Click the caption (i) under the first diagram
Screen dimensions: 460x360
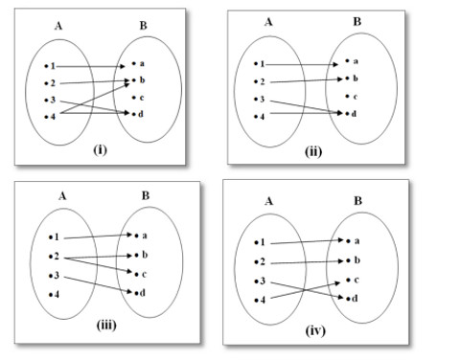coord(100,149)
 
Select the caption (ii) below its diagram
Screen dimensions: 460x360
coord(313,151)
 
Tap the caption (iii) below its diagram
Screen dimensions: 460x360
coord(106,326)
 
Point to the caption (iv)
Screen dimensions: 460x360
coord(315,330)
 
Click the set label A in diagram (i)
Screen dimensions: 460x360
coord(58,26)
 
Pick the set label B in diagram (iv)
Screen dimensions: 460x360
coord(357,201)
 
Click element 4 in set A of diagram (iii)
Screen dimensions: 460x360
coord(54,294)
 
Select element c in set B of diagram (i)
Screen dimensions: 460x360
coord(138,98)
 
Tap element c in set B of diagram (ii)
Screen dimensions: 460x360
coord(352,97)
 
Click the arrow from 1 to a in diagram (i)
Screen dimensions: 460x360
coord(90,66)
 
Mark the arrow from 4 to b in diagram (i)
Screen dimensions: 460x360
coord(95,99)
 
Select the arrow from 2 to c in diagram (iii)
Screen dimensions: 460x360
coord(98,265)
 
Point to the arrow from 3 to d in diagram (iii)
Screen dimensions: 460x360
coord(98,284)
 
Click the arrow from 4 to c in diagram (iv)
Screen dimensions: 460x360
coord(305,290)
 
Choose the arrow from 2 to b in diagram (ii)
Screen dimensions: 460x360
coord(306,80)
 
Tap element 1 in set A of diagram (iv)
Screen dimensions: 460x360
coord(260,242)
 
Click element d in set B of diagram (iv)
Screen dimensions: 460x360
coord(352,299)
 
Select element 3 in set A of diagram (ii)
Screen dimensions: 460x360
coord(260,100)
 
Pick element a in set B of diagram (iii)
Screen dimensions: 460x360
coord(141,236)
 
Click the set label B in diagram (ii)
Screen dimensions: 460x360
coord(357,22)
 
